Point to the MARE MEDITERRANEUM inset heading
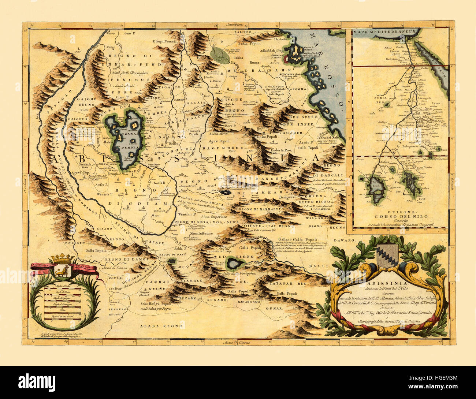pos(384,32)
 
